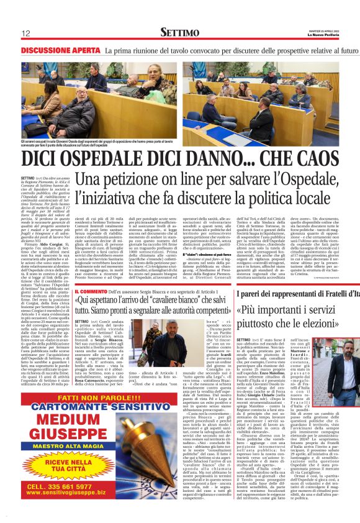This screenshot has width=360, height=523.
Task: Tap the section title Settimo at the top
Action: [179, 32]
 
